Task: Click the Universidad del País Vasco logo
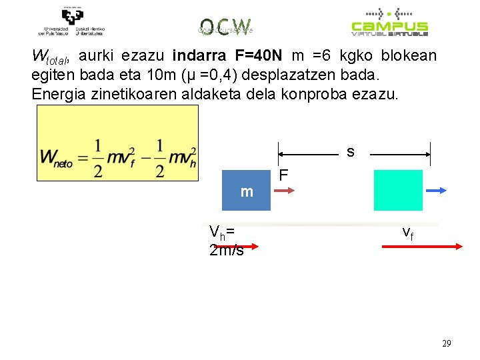click(x=71, y=21)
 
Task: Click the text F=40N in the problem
click(x=259, y=55)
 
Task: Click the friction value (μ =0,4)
click(x=199, y=73)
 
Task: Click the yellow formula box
click(x=118, y=143)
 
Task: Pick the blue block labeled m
click(x=246, y=191)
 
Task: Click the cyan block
click(x=398, y=190)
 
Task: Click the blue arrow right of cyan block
click(x=435, y=190)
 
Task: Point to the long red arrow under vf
click(x=421, y=246)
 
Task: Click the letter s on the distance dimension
click(x=351, y=152)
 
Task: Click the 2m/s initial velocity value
click(x=226, y=251)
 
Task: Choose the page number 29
click(x=446, y=343)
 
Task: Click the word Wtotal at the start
click(x=51, y=56)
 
